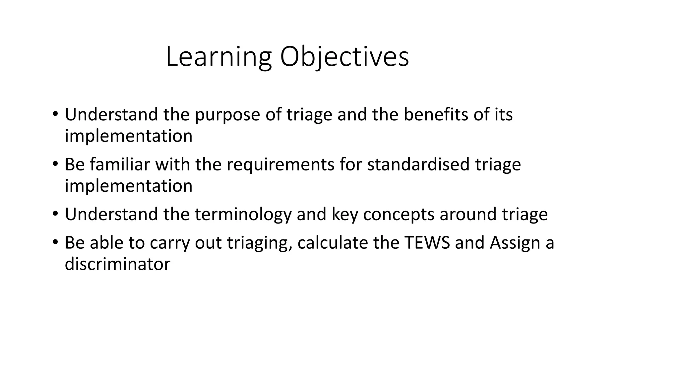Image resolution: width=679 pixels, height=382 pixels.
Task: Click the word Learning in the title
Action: click(x=218, y=57)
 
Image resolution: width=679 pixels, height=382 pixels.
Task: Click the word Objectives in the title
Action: click(x=344, y=57)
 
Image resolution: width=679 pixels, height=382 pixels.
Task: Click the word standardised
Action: click(x=418, y=164)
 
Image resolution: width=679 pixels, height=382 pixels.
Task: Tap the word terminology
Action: click(x=243, y=215)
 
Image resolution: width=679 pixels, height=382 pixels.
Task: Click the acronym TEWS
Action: click(x=427, y=243)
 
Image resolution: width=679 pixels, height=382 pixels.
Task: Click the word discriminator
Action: click(x=117, y=264)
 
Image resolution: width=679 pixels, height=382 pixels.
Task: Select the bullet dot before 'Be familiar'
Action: click(x=55, y=164)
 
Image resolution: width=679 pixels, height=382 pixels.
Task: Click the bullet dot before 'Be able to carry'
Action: click(x=55, y=242)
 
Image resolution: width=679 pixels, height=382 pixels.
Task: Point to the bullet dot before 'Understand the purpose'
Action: click(x=55, y=114)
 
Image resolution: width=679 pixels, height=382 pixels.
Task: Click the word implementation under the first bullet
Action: click(x=128, y=136)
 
